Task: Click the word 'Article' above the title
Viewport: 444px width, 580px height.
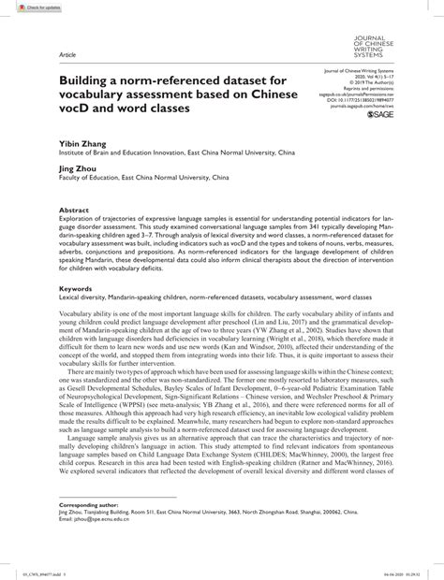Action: point(67,54)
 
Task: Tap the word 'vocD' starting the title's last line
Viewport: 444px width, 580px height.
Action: point(76,108)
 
